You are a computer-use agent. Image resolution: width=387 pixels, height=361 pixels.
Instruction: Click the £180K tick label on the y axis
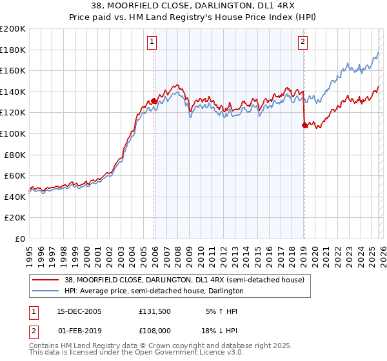coord(13,50)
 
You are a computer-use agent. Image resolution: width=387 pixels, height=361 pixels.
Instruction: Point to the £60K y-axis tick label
coord(15,175)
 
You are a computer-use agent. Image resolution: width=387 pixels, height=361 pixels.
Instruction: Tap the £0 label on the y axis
coord(20,239)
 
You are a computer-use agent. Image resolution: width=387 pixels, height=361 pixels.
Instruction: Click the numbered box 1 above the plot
coord(152,43)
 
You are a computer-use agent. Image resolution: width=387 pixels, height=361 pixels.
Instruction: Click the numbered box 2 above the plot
coord(303,43)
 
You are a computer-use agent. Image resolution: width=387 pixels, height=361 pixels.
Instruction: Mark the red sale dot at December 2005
coord(154,101)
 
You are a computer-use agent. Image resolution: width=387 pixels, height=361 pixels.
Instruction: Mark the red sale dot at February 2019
coord(304,126)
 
